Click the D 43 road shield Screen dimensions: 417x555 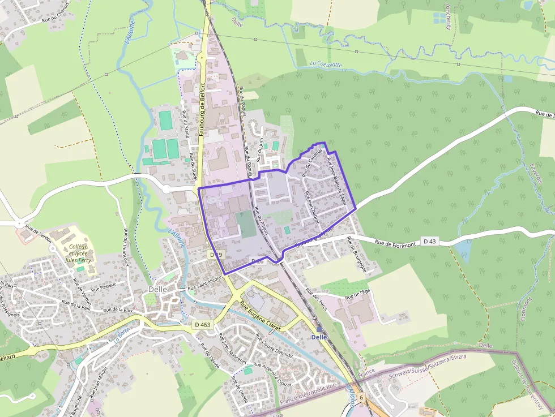pyautogui.click(x=430, y=242)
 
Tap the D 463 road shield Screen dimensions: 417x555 pyautogui.click(x=202, y=325)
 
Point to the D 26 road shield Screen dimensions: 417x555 pyautogui.click(x=257, y=261)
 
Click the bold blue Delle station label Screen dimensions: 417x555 pyautogui.click(x=319, y=337)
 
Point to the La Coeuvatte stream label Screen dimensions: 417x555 pyautogui.click(x=326, y=65)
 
